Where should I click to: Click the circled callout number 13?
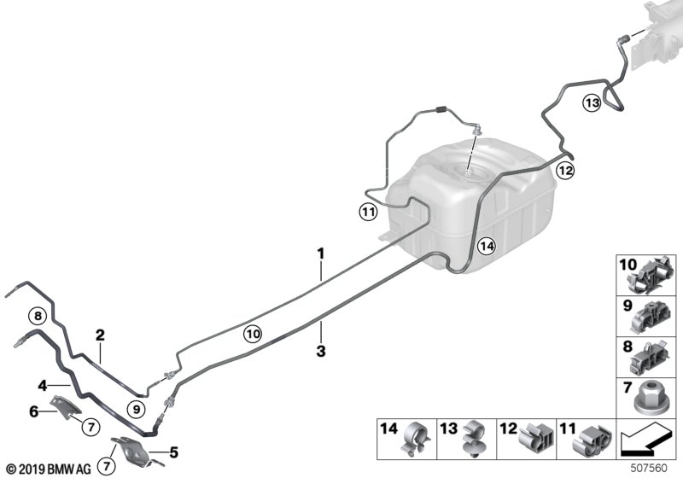593,103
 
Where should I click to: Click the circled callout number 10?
252,335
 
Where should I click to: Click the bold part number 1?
321,253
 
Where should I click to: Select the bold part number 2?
100,335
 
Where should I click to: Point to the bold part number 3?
321,350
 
